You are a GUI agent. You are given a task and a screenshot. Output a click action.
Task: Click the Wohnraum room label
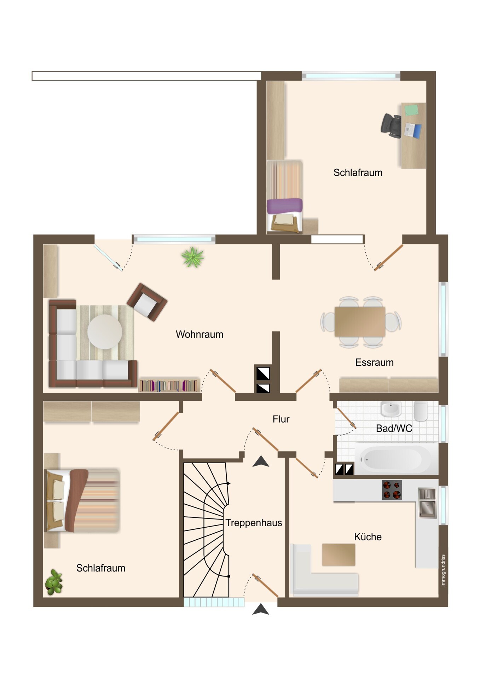pyautogui.click(x=199, y=334)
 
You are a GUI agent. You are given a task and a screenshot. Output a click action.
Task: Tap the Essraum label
pyautogui.click(x=374, y=362)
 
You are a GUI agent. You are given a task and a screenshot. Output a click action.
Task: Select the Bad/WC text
pyautogui.click(x=394, y=428)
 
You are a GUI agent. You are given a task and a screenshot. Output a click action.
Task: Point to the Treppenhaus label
pyautogui.click(x=254, y=523)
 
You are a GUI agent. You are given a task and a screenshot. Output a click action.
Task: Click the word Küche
pyautogui.click(x=368, y=536)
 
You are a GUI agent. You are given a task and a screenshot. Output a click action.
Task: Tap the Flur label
pyautogui.click(x=281, y=419)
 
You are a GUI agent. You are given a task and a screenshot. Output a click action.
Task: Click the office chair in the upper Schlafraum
pyautogui.click(x=391, y=126)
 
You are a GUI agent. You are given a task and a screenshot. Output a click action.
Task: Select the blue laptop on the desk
pyautogui.click(x=413, y=130)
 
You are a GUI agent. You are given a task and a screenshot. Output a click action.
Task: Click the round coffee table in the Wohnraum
pyautogui.click(x=105, y=332)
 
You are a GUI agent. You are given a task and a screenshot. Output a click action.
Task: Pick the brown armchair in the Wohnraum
pyautogui.click(x=147, y=302)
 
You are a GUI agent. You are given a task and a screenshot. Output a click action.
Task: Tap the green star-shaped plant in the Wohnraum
pyautogui.click(x=193, y=257)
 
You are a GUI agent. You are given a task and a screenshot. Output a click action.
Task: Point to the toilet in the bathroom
pyautogui.click(x=421, y=411)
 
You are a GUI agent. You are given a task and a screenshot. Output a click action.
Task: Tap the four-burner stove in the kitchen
pyautogui.click(x=392, y=490)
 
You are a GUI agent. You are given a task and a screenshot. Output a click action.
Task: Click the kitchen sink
pyautogui.click(x=427, y=503)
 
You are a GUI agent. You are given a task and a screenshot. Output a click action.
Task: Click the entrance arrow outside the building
pyautogui.click(x=261, y=609)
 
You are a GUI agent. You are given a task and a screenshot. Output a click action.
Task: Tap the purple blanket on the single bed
pyautogui.click(x=285, y=206)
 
